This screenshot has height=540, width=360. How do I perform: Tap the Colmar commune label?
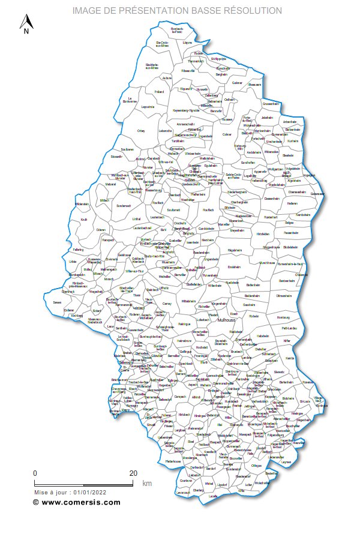coord(227,134)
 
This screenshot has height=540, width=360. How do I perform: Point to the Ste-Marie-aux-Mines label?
coord(152,65)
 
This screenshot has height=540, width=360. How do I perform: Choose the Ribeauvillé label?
coord(188,70)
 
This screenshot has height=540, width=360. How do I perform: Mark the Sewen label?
coord(57,302)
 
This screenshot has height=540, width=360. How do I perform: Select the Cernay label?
coord(167,304)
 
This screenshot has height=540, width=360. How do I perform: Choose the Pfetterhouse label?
coord(174,461)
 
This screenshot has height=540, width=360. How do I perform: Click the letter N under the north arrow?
coord(26,32)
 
